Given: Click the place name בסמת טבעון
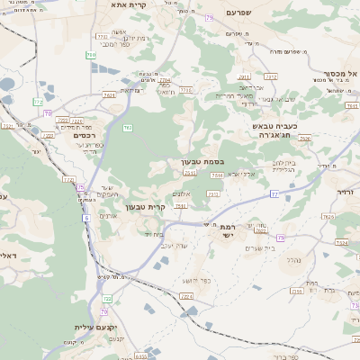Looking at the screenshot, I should (x=191, y=162).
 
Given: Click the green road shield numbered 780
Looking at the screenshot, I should (x=91, y=56).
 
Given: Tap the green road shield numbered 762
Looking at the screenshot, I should (x=127, y=129).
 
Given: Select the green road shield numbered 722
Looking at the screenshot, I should (x=68, y=180).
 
